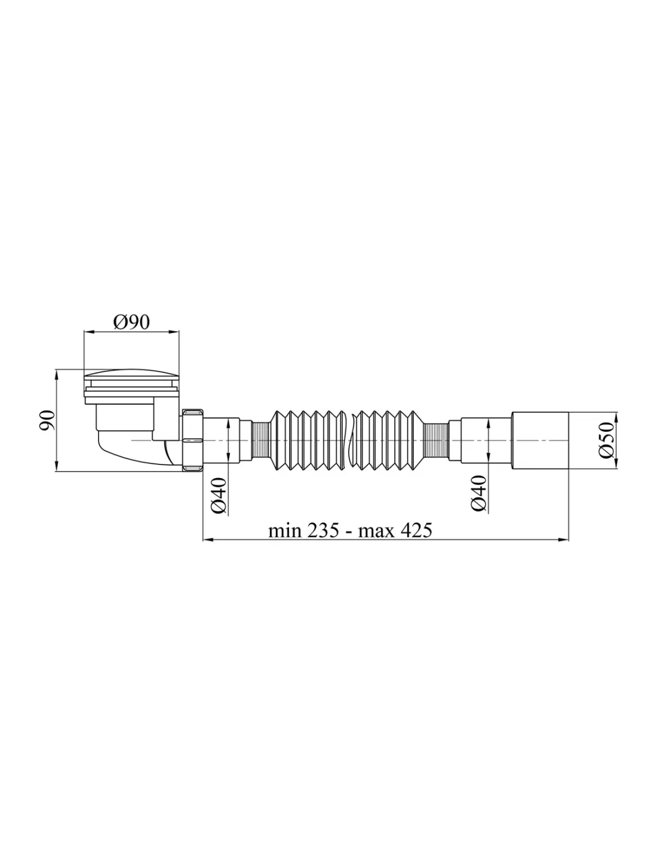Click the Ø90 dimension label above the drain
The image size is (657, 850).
[x=131, y=322]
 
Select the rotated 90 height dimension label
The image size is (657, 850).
[x=47, y=420]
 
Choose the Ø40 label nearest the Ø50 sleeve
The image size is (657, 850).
[x=478, y=493]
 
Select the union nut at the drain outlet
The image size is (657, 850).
[x=192, y=440]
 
